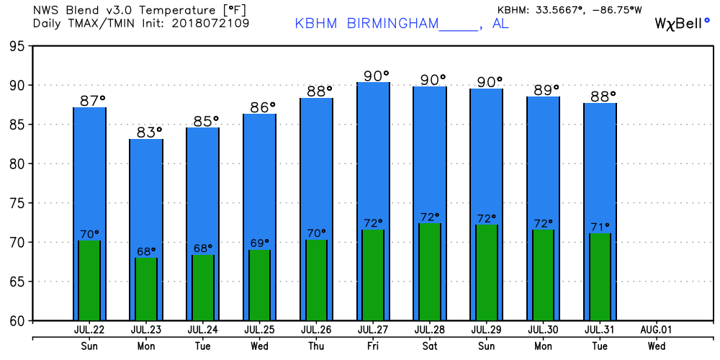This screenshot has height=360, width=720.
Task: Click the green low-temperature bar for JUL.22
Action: pos(89,281)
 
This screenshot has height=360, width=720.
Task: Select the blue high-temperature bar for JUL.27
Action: pos(373,158)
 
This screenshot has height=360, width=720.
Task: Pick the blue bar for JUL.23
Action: pos(146,187)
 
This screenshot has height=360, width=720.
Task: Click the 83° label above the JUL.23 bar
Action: pos(150,132)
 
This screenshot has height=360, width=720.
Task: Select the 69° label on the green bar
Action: pos(259,243)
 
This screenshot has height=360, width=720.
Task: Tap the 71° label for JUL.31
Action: pos(600,226)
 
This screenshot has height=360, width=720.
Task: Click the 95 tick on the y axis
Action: pos(16,46)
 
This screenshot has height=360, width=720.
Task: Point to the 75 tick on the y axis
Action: pos(16,203)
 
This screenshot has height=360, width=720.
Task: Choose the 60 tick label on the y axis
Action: pos(16,320)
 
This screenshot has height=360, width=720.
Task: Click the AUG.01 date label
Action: pos(657,330)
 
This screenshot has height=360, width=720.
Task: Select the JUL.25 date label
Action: pos(259,330)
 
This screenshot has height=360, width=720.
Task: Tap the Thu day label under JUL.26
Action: pos(316,346)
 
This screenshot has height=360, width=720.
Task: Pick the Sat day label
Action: pos(430,346)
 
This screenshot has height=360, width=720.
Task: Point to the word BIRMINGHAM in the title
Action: pos(392,23)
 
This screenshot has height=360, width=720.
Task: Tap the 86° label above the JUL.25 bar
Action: pos(264,107)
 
